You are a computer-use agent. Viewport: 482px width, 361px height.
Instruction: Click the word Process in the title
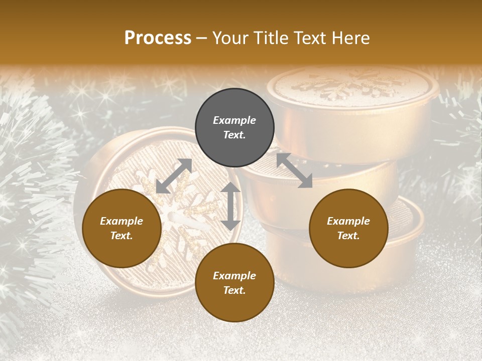pos(158,38)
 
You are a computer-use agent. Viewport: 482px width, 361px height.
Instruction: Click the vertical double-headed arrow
pos(230,206)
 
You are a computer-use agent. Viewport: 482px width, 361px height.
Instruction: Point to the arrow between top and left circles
pos(174,176)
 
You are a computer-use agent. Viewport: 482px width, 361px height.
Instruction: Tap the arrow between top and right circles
pos(294,170)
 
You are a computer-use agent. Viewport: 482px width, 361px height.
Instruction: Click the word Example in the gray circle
pos(234,120)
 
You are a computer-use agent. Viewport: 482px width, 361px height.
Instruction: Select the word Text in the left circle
pos(122,236)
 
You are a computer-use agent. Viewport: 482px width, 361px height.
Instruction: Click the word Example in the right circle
pos(348,221)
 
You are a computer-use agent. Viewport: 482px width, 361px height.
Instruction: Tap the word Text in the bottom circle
pos(234,290)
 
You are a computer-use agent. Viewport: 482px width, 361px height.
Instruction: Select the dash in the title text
pos(202,38)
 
